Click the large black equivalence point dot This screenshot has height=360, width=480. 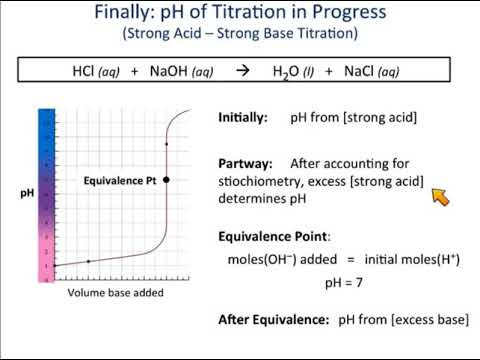166,180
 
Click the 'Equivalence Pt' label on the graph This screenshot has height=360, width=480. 118,181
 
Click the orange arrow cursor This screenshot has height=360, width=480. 440,196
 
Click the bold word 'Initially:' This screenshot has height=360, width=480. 243,118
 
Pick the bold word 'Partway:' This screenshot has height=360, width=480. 243,162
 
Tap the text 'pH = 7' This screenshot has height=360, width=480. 347,283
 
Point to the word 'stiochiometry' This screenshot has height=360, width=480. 261,180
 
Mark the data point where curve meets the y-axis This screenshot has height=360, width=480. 55,266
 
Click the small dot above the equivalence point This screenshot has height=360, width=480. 166,145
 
